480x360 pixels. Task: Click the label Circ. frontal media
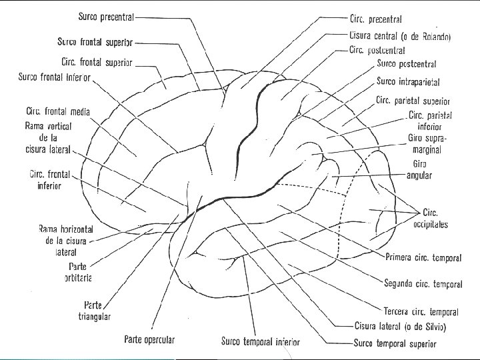tap(58, 111)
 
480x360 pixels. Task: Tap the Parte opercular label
tap(149, 339)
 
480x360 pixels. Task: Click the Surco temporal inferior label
tap(261, 342)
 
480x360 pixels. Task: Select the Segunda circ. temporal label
tap(423, 284)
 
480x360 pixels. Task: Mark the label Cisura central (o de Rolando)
tap(399, 36)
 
